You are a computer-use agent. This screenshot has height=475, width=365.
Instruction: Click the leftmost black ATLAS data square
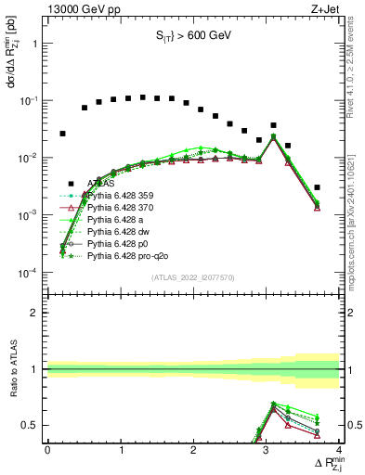pyautogui.click(x=62, y=134)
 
